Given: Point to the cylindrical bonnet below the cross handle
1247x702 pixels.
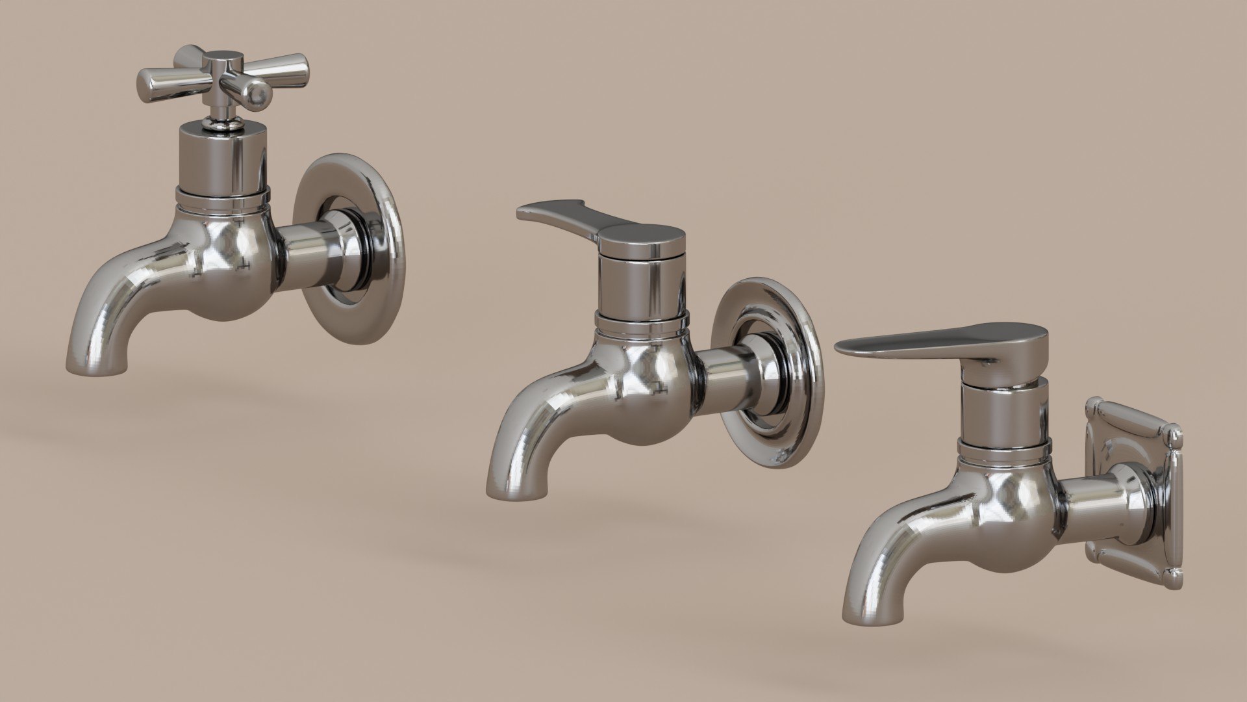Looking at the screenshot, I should [x=221, y=156].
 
